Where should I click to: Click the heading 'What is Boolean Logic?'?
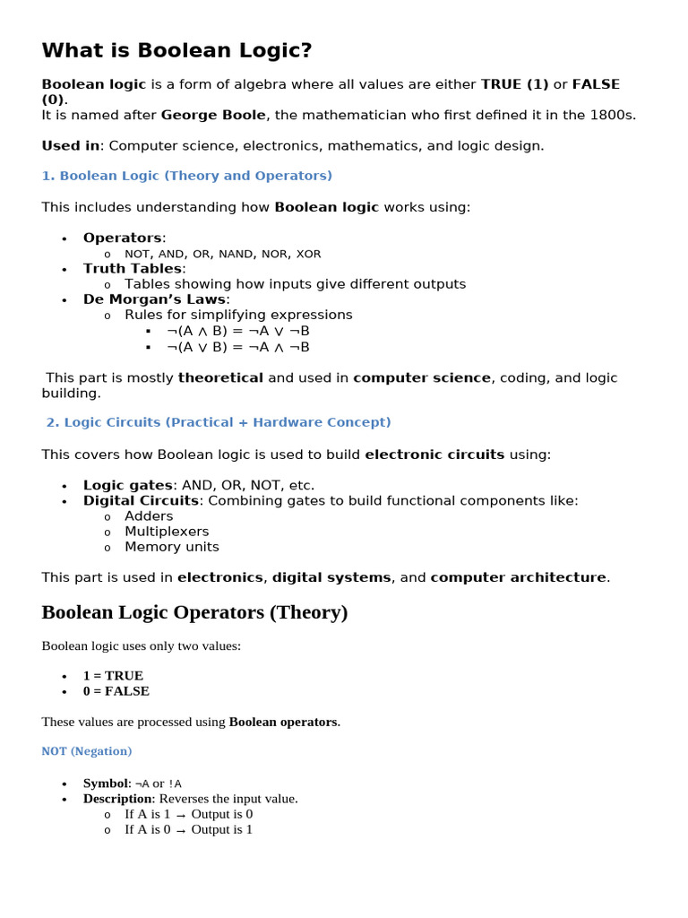pos(176,50)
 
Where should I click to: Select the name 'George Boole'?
pos(213,115)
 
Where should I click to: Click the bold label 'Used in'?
pos(70,145)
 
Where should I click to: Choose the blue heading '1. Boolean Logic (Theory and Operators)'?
pos(186,176)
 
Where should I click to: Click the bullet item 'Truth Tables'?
pos(133,268)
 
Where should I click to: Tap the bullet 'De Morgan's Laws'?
pos(155,299)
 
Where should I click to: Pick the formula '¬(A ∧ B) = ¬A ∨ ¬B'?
pos(237,331)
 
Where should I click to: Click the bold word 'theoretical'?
pos(220,377)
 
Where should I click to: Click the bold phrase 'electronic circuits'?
pos(434,455)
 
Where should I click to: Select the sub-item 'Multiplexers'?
pos(167,532)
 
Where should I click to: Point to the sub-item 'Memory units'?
pos(171,547)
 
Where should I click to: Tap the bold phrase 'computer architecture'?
pos(518,577)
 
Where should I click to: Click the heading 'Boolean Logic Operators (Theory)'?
pos(194,613)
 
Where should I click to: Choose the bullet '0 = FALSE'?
pos(116,691)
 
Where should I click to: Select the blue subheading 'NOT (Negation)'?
pos(86,751)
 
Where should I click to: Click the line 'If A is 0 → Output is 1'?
pos(188,829)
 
